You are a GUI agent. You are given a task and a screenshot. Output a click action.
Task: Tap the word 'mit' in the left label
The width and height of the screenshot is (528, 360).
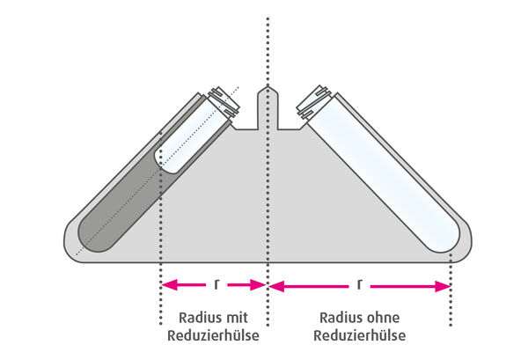pyautogui.click(x=236, y=317)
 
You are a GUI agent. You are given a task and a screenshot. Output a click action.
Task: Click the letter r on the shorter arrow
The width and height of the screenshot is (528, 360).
pyautogui.click(x=215, y=284)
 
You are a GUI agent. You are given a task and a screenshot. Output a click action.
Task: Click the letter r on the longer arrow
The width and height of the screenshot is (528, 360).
pyautogui.click(x=360, y=284)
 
